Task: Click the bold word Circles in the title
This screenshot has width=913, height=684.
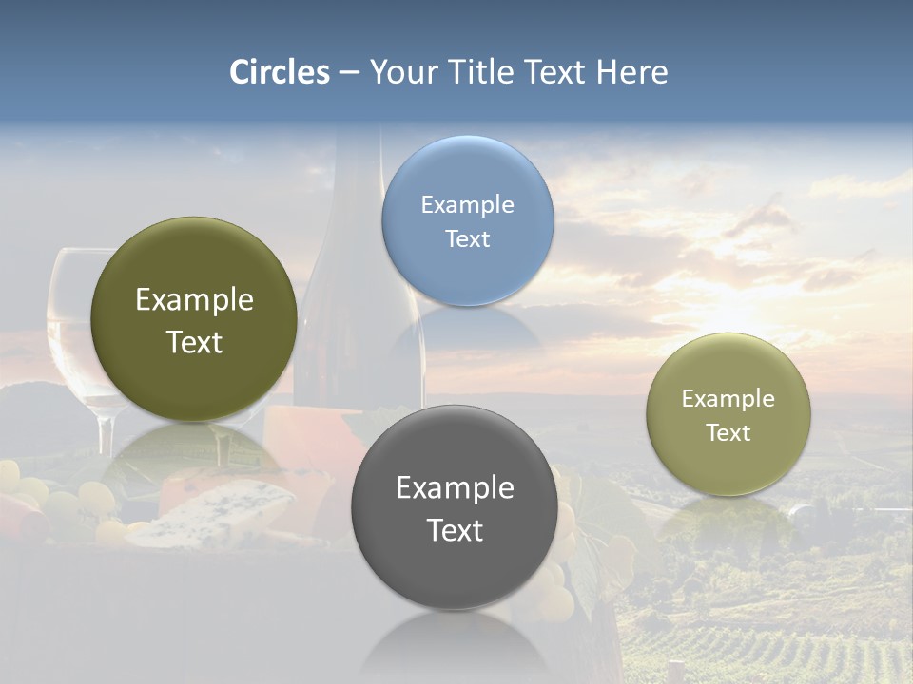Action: click(x=280, y=72)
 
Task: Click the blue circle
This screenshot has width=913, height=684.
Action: click(x=467, y=220)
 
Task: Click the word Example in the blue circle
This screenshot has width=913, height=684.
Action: click(x=467, y=205)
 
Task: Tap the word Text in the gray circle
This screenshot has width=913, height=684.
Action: click(x=455, y=530)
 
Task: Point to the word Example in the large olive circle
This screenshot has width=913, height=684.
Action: click(x=194, y=300)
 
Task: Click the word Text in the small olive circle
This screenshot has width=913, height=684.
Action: click(x=728, y=433)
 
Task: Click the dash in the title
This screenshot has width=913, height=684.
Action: click(x=349, y=73)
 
